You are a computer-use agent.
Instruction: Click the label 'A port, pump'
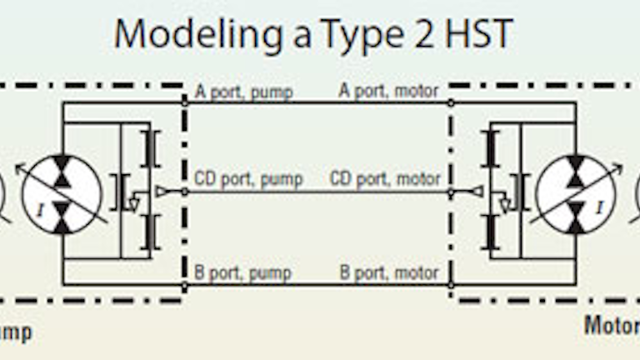pos(243,92)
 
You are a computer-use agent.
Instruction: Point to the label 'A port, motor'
pos(388,92)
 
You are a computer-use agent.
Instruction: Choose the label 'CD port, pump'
pos(247,179)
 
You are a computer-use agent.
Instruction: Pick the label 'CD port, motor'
pos(385,179)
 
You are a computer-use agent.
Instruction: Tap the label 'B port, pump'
pos(242,272)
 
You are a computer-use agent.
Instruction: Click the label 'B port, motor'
pos(389,272)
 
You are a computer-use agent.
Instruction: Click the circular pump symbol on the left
pos(62,193)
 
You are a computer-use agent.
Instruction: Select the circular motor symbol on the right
pos(575,193)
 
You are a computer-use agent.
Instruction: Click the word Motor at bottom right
pos(611,325)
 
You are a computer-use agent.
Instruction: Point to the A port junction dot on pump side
pos(185,102)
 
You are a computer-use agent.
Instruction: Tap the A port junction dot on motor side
pos(451,102)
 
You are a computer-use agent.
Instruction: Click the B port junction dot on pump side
pos(185,284)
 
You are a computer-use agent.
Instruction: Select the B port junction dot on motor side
pos(451,284)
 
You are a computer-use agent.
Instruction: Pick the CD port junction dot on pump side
pos(185,192)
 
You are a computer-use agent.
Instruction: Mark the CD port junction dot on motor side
pos(451,192)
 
